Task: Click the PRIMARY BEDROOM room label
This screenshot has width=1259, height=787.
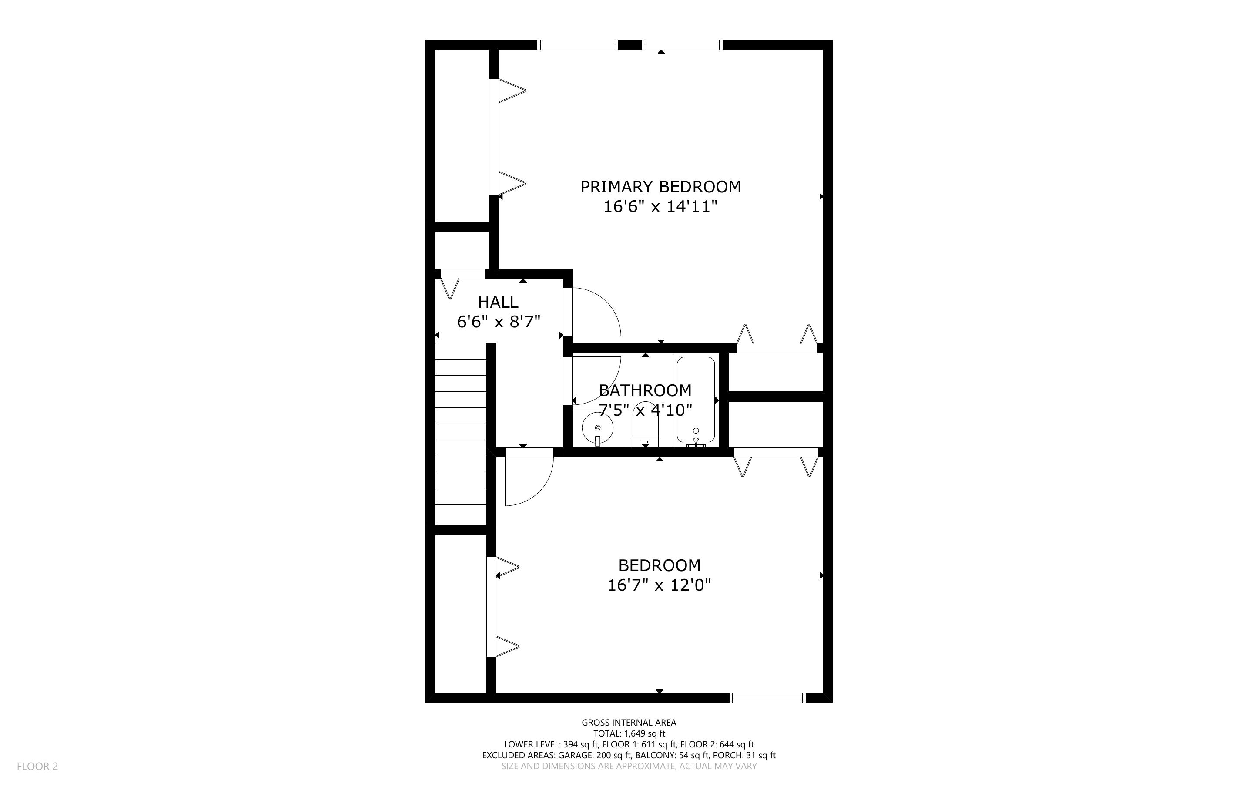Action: tap(660, 186)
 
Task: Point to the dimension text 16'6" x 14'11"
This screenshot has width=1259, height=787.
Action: tap(660, 207)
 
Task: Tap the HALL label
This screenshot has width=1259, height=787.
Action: tap(498, 302)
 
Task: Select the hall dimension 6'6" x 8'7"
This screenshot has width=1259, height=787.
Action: tap(499, 322)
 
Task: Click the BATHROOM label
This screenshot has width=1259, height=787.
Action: tap(645, 390)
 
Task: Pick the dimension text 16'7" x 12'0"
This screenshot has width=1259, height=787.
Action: tap(659, 585)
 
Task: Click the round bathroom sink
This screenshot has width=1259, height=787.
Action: tap(597, 428)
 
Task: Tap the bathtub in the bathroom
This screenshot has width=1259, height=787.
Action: tap(696, 401)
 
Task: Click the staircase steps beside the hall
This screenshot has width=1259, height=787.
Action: tap(461, 434)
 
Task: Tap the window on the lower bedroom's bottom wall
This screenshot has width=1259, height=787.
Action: tap(767, 698)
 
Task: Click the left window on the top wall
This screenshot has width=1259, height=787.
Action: tap(577, 45)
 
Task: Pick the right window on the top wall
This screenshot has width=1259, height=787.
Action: tap(683, 45)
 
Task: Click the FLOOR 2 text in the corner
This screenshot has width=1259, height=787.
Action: tap(37, 766)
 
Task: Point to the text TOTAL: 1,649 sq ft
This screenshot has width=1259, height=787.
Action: tap(629, 733)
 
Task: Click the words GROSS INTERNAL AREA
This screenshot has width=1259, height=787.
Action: tap(629, 723)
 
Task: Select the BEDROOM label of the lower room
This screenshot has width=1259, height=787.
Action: tap(659, 565)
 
